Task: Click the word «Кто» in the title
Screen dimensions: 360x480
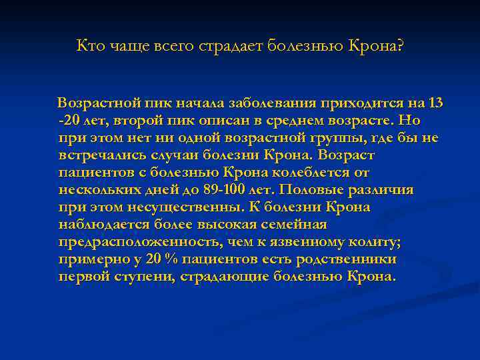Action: [x=89, y=46]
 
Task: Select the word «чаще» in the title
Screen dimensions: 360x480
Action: [x=123, y=46]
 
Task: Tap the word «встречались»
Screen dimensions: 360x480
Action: [x=95, y=155]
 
